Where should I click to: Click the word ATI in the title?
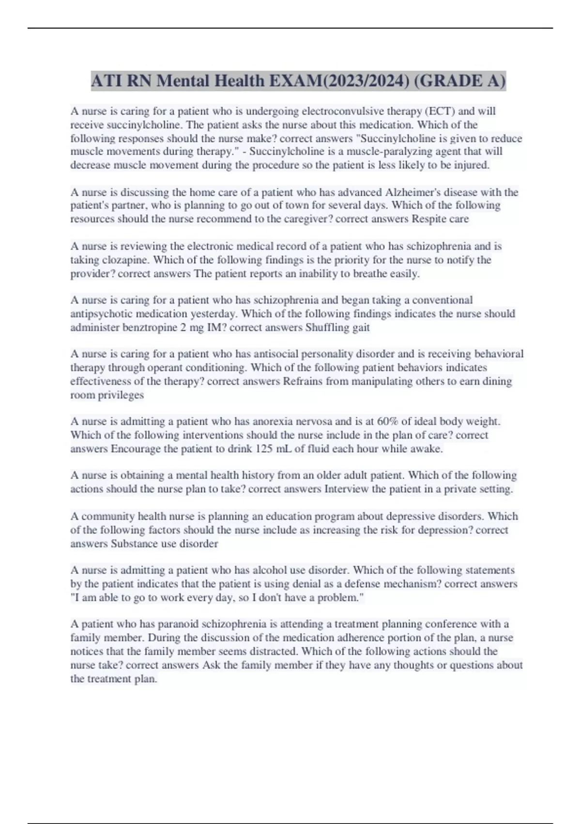107,81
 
